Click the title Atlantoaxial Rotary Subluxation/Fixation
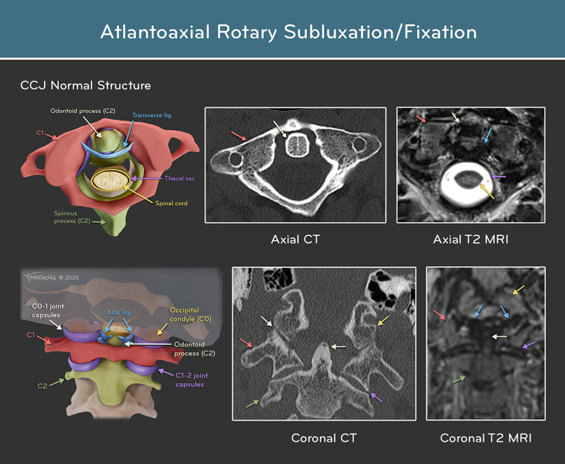(x=289, y=31)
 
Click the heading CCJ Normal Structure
(x=86, y=86)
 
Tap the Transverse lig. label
(x=152, y=115)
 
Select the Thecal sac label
(x=179, y=178)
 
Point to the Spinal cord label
(x=171, y=203)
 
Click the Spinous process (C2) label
(x=72, y=217)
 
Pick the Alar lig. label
(x=119, y=313)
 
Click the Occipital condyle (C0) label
(x=190, y=315)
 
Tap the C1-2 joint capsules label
(x=191, y=380)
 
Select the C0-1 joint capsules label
(x=47, y=310)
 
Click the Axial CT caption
(x=296, y=240)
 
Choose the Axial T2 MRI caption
(x=471, y=240)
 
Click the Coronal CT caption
(x=323, y=438)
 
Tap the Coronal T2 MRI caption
(x=486, y=438)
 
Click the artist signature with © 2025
(x=51, y=277)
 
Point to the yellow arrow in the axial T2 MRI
(x=487, y=191)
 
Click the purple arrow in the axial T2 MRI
(x=499, y=177)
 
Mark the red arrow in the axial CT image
(x=238, y=136)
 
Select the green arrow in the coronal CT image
(x=253, y=404)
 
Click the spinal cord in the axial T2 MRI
(x=468, y=180)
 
